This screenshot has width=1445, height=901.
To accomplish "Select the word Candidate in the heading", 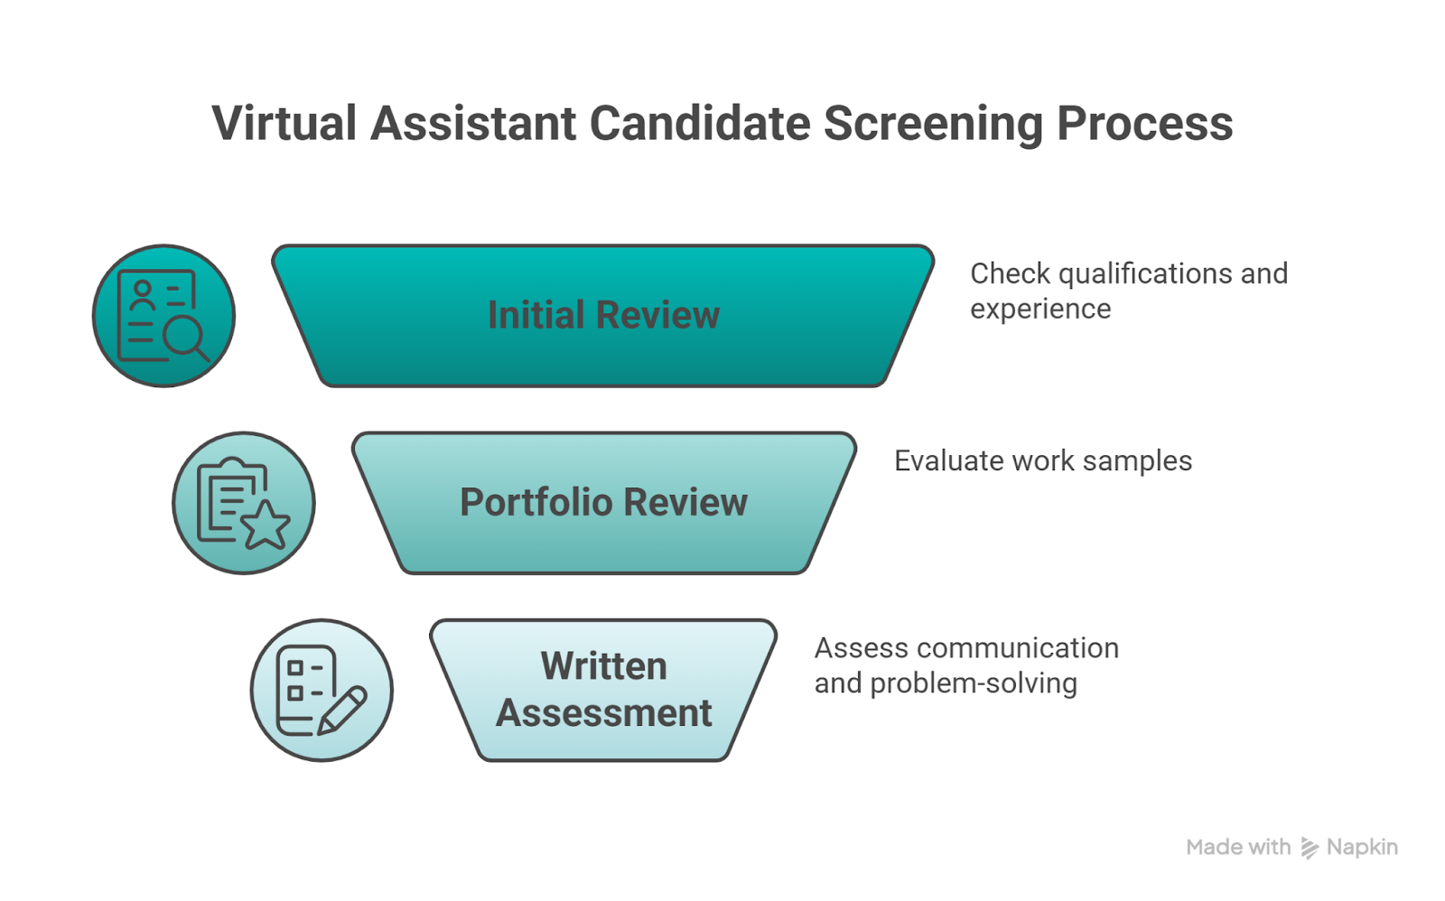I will [x=699, y=124].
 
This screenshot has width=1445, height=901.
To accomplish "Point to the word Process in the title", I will [x=1144, y=124].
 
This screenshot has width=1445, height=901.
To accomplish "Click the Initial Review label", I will [x=603, y=315].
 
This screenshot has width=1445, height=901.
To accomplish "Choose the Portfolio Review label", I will [x=603, y=502].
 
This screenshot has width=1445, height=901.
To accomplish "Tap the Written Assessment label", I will [x=603, y=690].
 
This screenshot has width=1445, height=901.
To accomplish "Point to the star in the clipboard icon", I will [x=266, y=525].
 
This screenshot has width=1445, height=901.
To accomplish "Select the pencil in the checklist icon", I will [x=342, y=711].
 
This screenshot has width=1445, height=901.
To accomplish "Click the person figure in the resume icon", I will [x=142, y=295].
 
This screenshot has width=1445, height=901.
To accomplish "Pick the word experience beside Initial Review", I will [x=1040, y=309].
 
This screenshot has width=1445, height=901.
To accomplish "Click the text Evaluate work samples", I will [x=1042, y=461].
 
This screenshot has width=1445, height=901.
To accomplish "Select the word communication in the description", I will [x=1018, y=648].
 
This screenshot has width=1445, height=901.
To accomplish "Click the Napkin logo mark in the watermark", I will [x=1309, y=848].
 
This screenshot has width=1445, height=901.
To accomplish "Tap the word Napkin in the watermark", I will [x=1362, y=848].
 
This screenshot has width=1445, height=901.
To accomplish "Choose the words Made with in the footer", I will [x=1238, y=848].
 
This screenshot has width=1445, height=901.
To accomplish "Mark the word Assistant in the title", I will [x=472, y=124].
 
